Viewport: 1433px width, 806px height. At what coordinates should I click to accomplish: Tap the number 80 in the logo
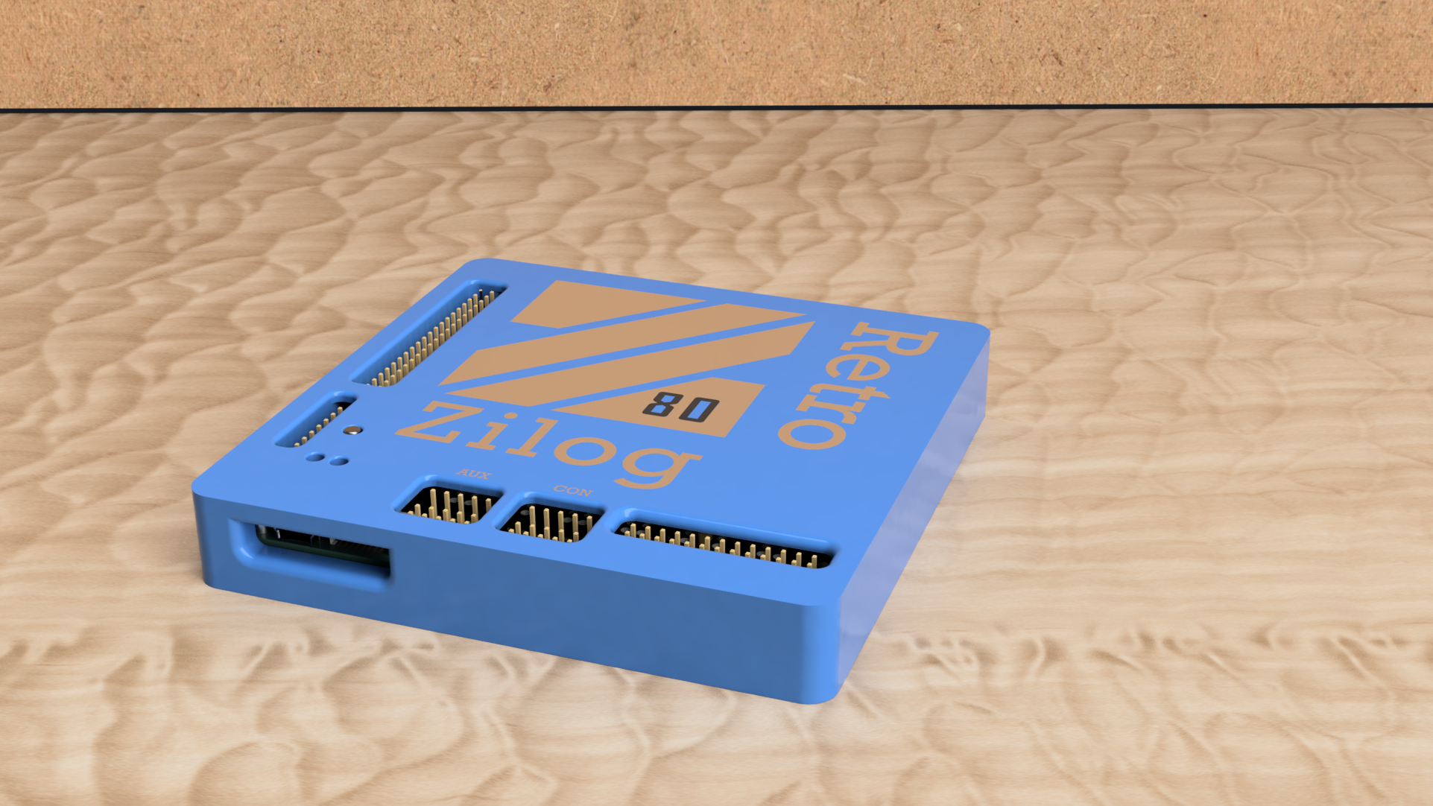coord(680,407)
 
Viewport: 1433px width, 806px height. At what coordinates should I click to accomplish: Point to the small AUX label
coord(474,474)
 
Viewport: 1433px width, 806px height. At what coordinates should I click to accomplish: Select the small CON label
coord(572,491)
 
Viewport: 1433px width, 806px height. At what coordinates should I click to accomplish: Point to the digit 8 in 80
coord(662,405)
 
